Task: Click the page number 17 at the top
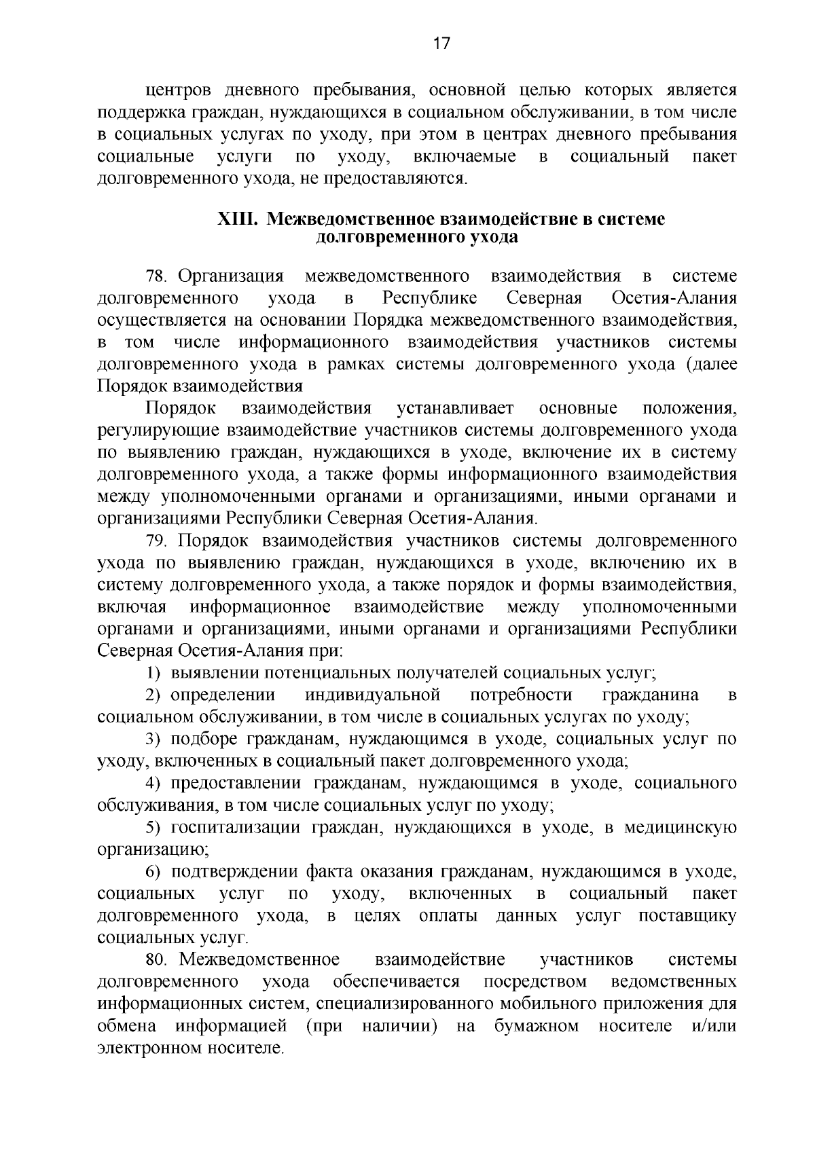(441, 44)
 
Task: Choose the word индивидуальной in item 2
(373, 695)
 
